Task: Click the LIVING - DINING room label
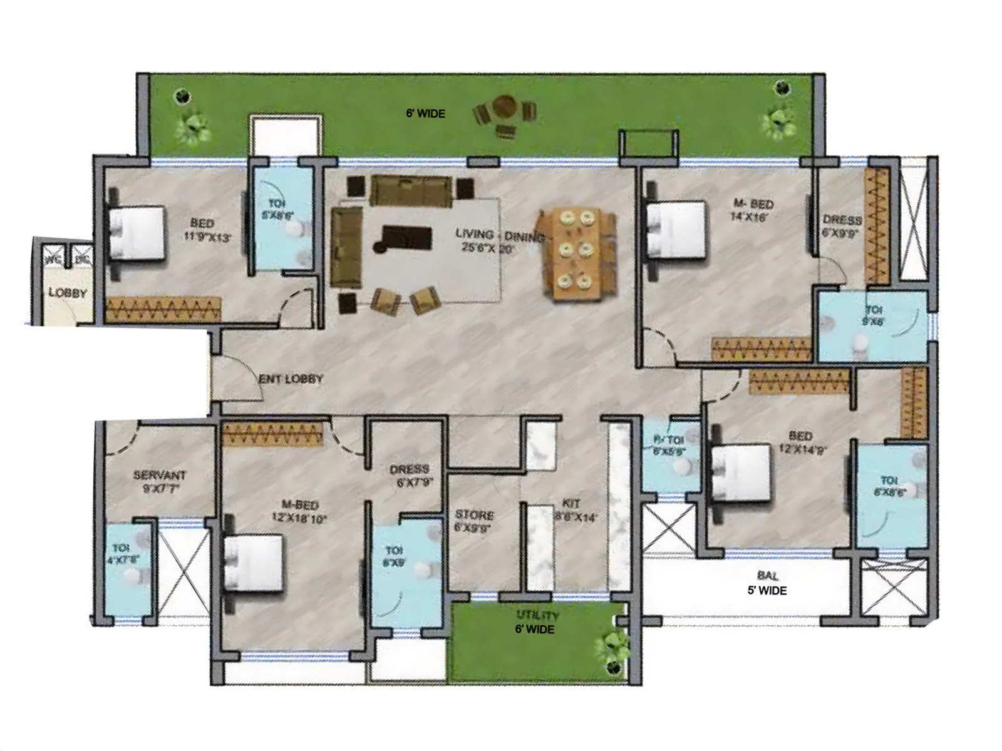click(499, 240)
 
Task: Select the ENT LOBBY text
click(291, 379)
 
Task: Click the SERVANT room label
click(159, 481)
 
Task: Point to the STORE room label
click(474, 521)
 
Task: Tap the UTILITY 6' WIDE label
click(536, 623)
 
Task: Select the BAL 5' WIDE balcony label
click(767, 583)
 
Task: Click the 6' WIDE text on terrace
click(425, 114)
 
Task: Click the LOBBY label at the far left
click(68, 293)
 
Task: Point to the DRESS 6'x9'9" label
click(842, 225)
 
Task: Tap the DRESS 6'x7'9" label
click(409, 475)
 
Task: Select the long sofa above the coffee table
click(411, 190)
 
